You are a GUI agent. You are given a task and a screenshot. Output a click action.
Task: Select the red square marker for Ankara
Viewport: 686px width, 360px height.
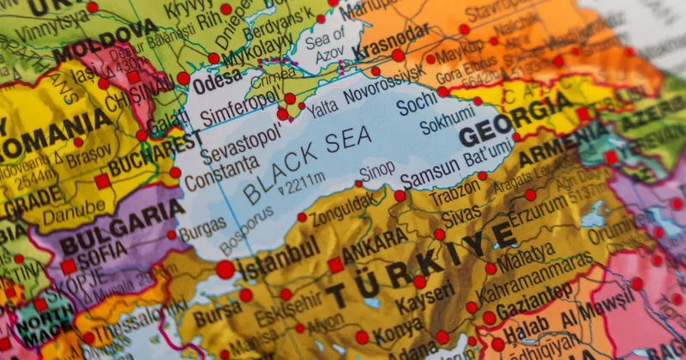tap(335, 265)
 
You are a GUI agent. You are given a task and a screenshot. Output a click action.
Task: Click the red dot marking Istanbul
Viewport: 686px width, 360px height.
tap(226, 269)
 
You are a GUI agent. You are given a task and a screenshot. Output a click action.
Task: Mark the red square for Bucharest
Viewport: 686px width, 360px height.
tap(103, 181)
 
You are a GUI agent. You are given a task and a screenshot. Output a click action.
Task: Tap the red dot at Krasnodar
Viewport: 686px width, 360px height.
tap(398, 56)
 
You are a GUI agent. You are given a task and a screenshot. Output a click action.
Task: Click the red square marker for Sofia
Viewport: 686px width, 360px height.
tap(68, 267)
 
